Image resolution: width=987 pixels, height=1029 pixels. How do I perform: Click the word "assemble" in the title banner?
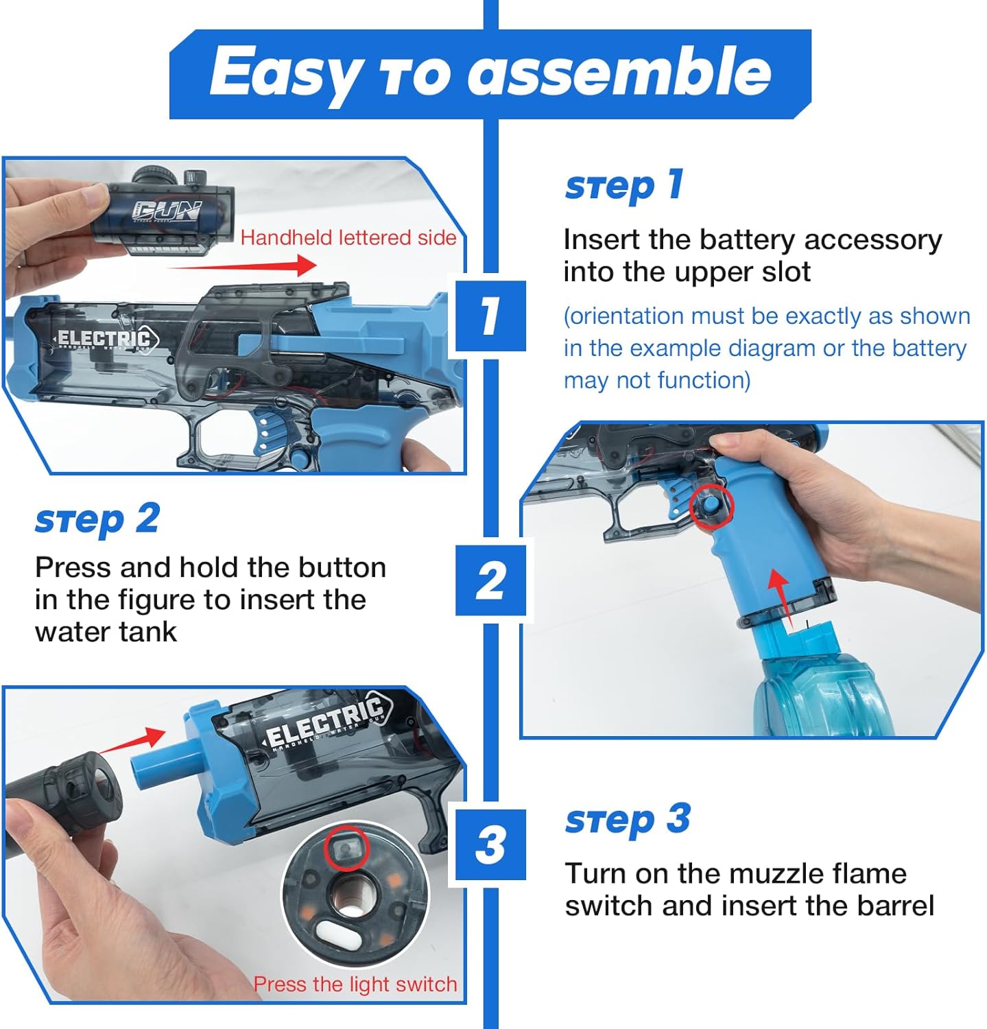click(x=619, y=72)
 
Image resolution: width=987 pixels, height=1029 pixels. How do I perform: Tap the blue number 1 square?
click(x=490, y=316)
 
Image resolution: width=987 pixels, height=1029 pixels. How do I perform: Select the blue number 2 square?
click(x=490, y=580)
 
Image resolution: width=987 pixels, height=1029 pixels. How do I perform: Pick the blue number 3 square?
click(x=490, y=844)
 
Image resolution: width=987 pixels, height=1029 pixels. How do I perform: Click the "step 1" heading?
click(x=623, y=186)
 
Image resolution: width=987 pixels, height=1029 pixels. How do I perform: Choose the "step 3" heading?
click(x=627, y=820)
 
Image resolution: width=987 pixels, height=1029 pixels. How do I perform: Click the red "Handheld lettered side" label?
click(x=348, y=237)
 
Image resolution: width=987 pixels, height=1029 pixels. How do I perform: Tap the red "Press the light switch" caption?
click(x=355, y=984)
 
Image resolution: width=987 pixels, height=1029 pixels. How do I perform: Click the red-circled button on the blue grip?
click(x=711, y=506)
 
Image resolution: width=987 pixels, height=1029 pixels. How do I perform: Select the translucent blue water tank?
click(x=816, y=686)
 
